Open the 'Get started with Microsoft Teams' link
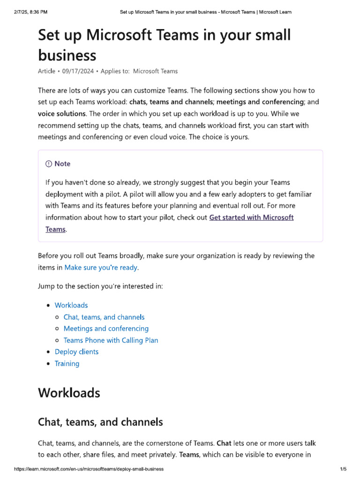[x=251, y=217]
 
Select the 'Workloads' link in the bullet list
[x=71, y=305]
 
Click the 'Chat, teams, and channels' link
[x=104, y=317]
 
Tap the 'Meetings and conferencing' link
[x=106, y=329]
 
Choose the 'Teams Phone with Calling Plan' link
[x=111, y=340]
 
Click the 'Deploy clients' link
[x=76, y=352]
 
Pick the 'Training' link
[x=67, y=363]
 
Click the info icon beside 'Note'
[x=49, y=164]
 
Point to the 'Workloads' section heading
[x=69, y=392]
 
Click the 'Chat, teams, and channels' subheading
[x=100, y=422]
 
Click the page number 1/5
[x=343, y=469]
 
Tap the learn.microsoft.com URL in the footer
[x=89, y=469]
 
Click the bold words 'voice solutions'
[x=61, y=113]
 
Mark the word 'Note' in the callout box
[x=62, y=164]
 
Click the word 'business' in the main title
[x=67, y=55]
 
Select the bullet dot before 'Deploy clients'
[x=49, y=352]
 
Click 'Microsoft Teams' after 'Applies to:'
[x=155, y=71]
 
